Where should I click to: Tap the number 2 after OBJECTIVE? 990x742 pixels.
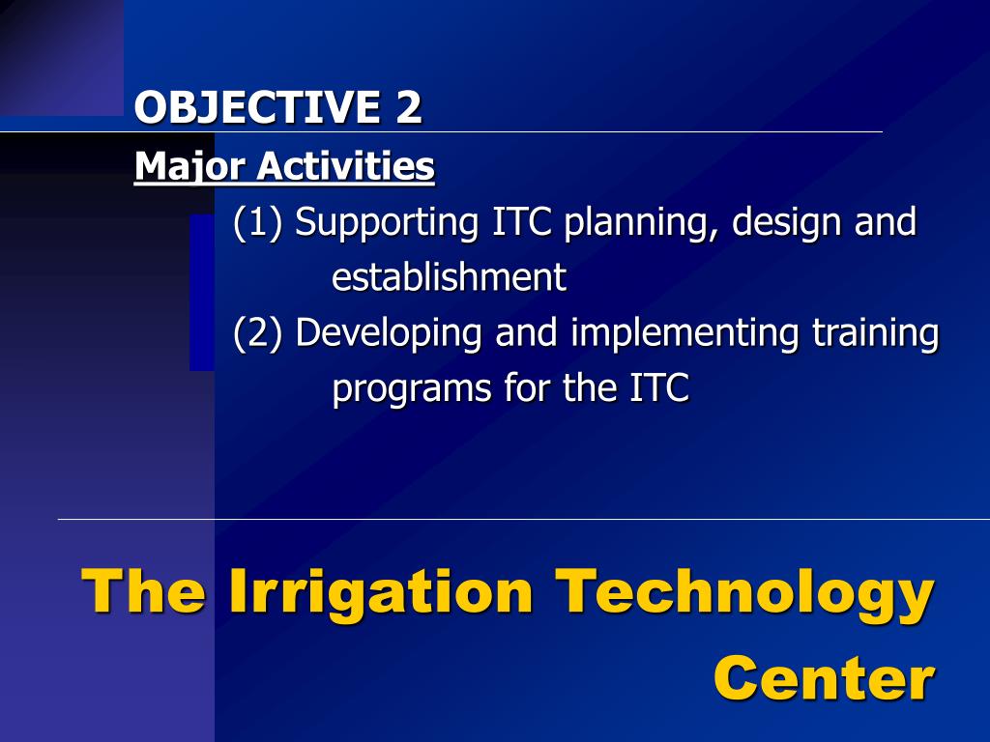(409, 106)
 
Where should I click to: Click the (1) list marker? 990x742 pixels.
(257, 223)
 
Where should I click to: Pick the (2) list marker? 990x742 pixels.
(257, 332)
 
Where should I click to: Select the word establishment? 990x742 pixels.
(449, 277)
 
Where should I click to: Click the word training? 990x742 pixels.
(876, 333)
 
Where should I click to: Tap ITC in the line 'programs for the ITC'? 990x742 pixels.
(659, 387)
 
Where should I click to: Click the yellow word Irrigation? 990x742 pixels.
(381, 593)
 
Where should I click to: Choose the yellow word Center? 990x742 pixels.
(824, 678)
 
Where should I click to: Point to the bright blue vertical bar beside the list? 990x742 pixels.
(202, 292)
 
